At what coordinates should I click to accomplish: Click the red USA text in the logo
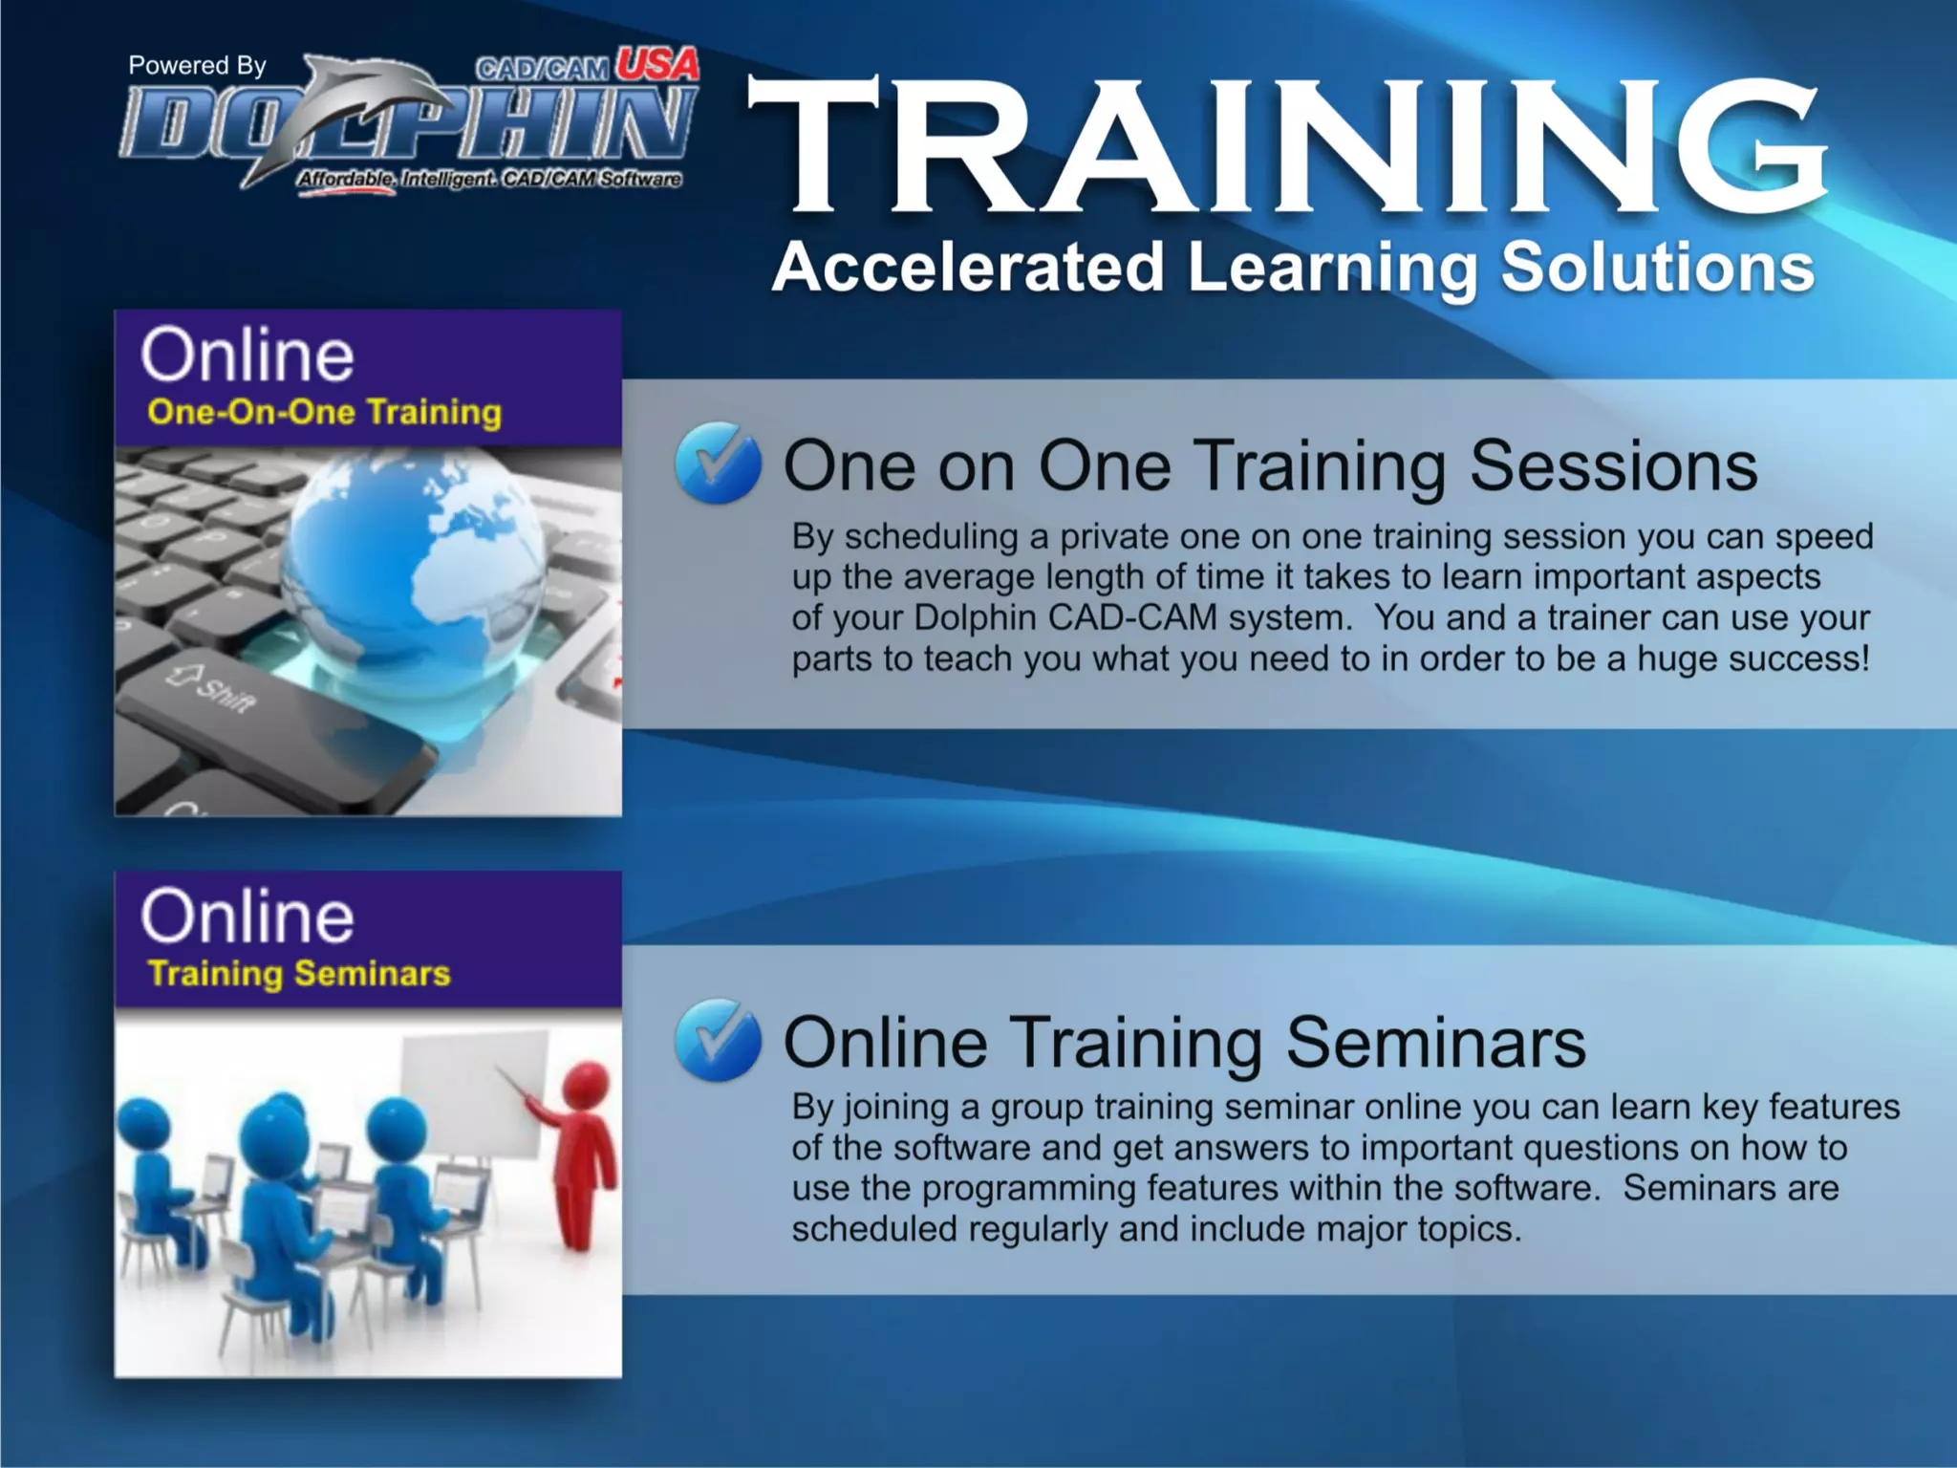pyautogui.click(x=656, y=65)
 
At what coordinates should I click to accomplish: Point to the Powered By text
pyautogui.click(x=197, y=65)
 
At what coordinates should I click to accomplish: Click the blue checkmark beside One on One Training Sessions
pyautogui.click(x=718, y=464)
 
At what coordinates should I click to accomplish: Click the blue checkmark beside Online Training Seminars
pyautogui.click(x=718, y=1040)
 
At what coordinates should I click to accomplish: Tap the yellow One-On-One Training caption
pyautogui.click(x=324, y=412)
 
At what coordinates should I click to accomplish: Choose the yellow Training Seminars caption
pyautogui.click(x=299, y=973)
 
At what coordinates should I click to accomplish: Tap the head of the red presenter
pyautogui.click(x=586, y=1085)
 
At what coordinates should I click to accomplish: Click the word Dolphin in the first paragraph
pyautogui.click(x=976, y=617)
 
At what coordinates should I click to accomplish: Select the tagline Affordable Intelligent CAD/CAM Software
pyautogui.click(x=489, y=179)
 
